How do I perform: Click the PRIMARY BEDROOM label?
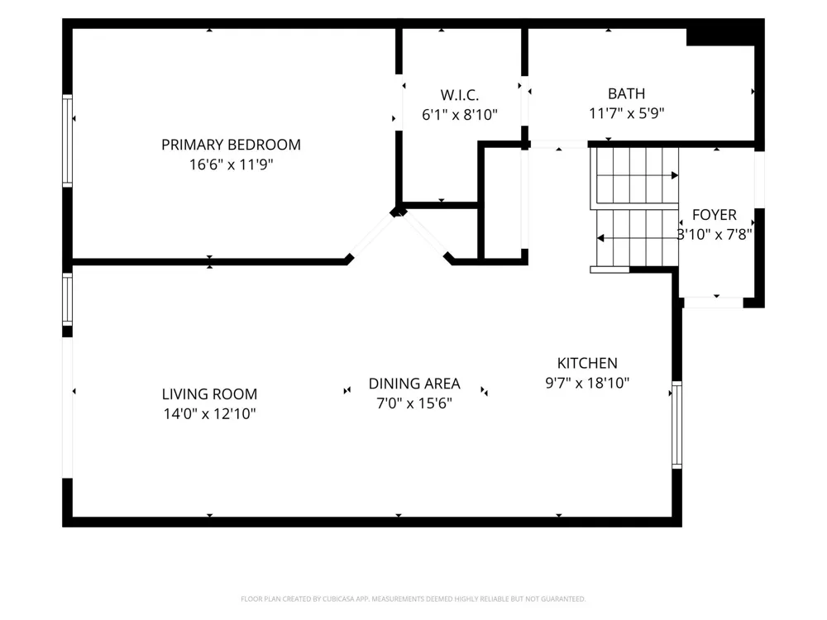click(231, 145)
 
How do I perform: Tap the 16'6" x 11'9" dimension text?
click(231, 165)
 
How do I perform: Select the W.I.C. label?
click(459, 95)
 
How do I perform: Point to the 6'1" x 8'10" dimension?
click(459, 114)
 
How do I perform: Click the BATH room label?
click(626, 94)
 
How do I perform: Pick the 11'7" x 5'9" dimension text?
click(626, 112)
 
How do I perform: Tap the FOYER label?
click(715, 215)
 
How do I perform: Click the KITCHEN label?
click(587, 363)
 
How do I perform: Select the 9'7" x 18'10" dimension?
click(587, 383)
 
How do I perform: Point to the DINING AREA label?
click(414, 384)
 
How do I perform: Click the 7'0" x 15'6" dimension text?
click(414, 403)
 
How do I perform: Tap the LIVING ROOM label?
click(209, 394)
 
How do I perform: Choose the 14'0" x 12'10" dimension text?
click(209, 414)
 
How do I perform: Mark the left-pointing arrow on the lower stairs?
click(637, 238)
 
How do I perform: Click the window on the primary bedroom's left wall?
click(68, 141)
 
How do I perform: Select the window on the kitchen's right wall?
click(676, 425)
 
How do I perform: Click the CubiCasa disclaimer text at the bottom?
click(413, 599)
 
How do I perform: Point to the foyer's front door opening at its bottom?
click(713, 303)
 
